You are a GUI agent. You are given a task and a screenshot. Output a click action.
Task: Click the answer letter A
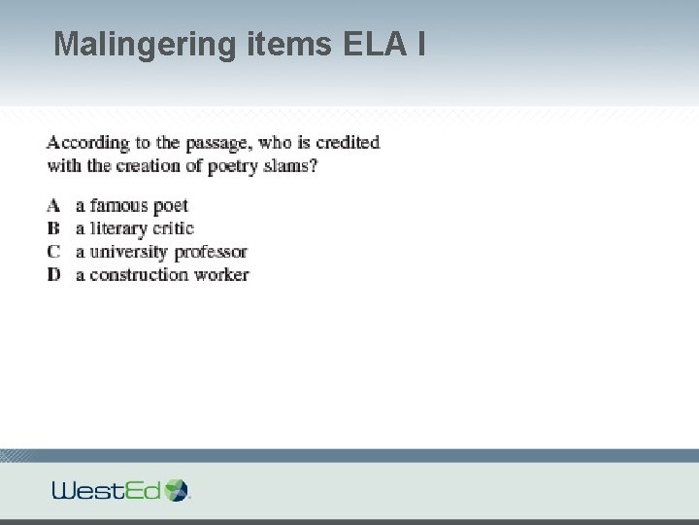pyautogui.click(x=53, y=205)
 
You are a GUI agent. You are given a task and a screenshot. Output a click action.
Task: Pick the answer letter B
pyautogui.click(x=53, y=228)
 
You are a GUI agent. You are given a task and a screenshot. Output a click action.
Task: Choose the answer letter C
pyautogui.click(x=53, y=252)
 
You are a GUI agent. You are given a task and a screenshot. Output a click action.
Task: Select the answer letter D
pyautogui.click(x=53, y=275)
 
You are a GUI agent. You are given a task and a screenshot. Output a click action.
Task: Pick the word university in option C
pyautogui.click(x=125, y=252)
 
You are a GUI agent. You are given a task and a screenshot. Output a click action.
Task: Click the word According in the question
pyautogui.click(x=87, y=143)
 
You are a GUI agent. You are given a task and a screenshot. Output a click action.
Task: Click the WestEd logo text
pyautogui.click(x=107, y=490)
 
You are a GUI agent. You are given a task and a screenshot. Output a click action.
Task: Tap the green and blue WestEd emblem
pyautogui.click(x=178, y=489)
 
